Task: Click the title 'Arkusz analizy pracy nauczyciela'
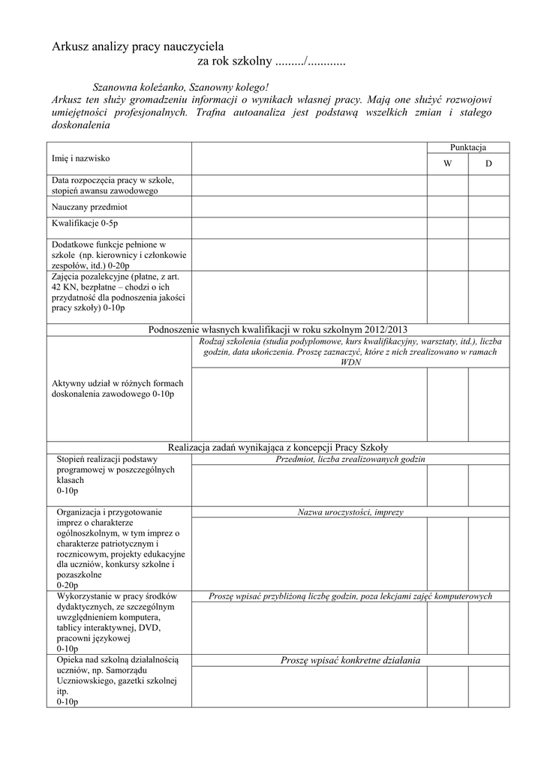coord(137,47)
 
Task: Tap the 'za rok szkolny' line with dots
coord(271,61)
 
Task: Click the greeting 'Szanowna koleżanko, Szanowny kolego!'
coord(179,87)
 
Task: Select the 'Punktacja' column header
coord(467,148)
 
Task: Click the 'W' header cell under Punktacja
coord(448,163)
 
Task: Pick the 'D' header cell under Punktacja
coord(488,163)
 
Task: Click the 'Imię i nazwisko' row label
coord(80,158)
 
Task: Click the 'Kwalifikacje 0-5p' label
coord(85,223)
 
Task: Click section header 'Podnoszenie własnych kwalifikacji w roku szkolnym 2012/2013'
coord(278,329)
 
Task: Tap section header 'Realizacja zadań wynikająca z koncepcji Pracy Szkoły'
coord(278,447)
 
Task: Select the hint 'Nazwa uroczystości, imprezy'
coord(350,512)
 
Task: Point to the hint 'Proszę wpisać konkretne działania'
coord(350,660)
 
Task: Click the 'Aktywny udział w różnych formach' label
coord(117,383)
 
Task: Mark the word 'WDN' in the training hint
coord(350,361)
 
